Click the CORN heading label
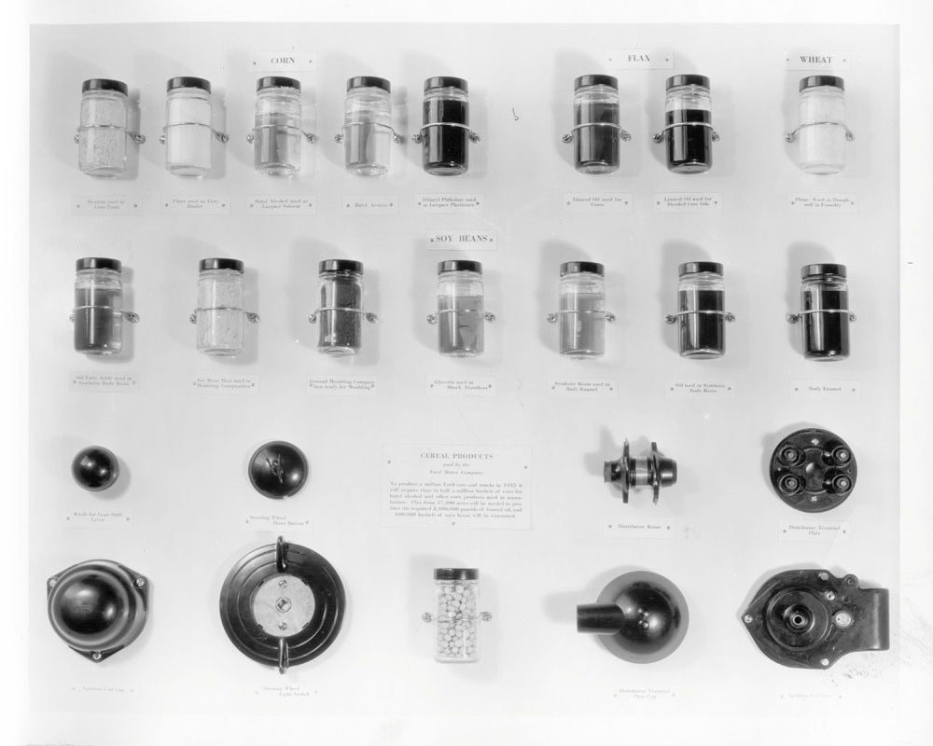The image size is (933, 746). [x=282, y=62]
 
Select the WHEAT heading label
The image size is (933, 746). [x=815, y=61]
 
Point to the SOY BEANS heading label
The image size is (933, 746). [x=462, y=240]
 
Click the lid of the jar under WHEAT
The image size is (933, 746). [x=821, y=83]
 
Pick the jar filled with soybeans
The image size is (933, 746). [x=456, y=615]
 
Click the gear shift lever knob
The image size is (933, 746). [x=95, y=468]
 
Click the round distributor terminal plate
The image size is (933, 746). [x=814, y=469]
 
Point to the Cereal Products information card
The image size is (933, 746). [x=457, y=486]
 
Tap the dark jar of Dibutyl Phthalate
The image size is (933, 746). [x=445, y=131]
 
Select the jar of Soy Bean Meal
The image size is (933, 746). [x=221, y=312]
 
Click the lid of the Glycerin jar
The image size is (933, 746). [x=460, y=267]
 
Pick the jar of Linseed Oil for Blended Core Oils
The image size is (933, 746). [x=688, y=129]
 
